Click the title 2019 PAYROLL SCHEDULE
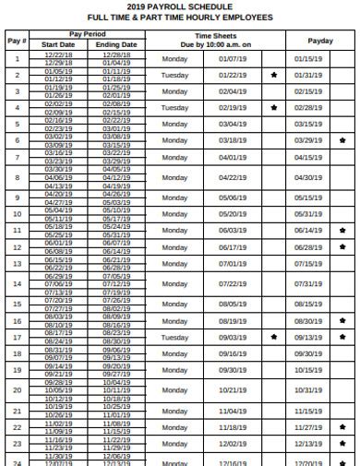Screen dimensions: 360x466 (179, 6)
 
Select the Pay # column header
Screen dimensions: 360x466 (17, 40)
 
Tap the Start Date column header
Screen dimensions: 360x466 (58, 44)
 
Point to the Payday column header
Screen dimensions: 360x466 (320, 40)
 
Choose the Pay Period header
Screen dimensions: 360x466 (88, 34)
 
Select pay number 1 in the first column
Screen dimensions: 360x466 (17, 58)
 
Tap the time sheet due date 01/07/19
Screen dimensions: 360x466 (233, 58)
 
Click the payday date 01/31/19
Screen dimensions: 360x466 (308, 75)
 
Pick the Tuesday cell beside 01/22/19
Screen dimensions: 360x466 (174, 75)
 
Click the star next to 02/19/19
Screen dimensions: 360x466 (274, 108)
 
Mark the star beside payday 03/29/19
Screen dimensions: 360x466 (343, 140)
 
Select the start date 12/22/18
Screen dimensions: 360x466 (58, 54)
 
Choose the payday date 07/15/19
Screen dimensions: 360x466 (308, 263)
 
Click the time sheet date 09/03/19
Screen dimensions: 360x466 (233, 337)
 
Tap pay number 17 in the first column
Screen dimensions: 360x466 (17, 337)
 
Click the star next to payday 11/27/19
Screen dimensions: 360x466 (343, 427)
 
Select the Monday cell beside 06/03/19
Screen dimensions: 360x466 (174, 230)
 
